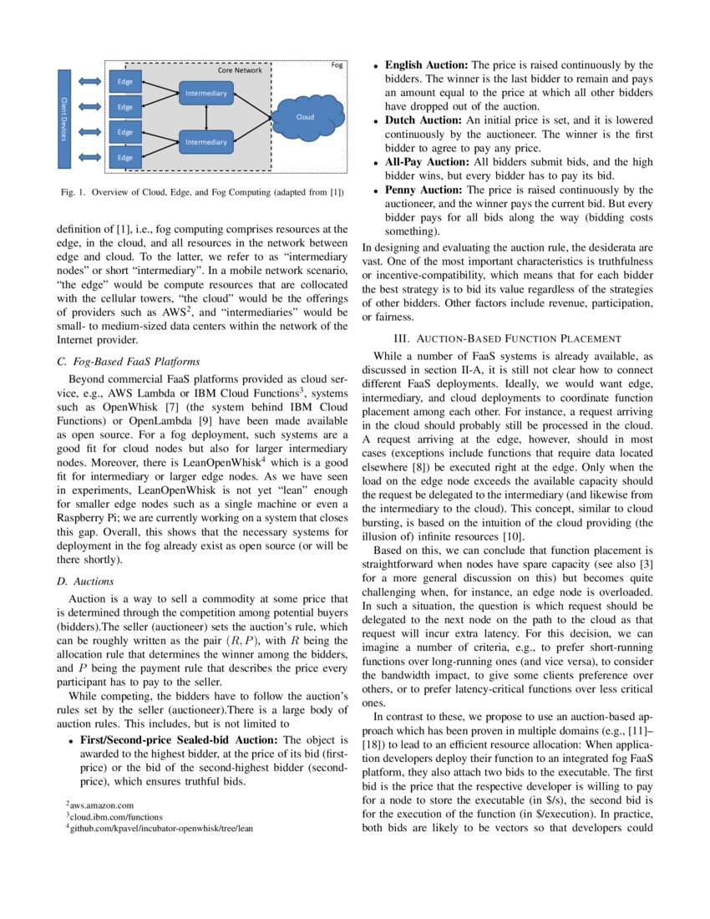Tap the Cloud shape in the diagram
tap(305, 117)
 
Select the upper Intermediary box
tap(205, 94)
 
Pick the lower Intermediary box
tap(205, 142)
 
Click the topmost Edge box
tap(125, 81)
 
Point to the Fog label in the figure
tap(337, 64)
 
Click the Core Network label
tap(240, 71)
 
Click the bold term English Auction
tap(426, 64)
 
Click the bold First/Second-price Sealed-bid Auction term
tap(179, 739)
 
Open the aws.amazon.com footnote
tap(102, 805)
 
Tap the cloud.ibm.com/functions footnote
tap(104, 815)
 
